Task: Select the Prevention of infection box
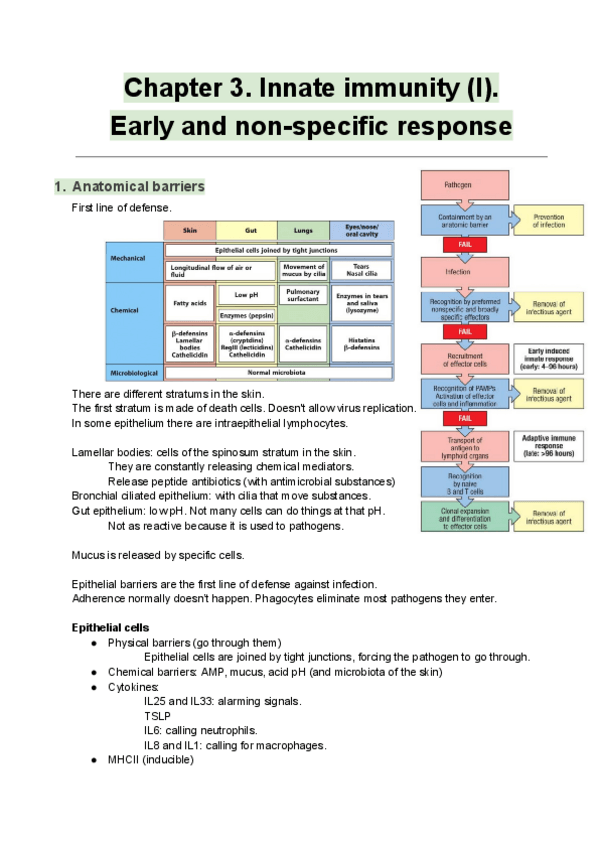[x=548, y=220]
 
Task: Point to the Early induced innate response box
[x=548, y=357]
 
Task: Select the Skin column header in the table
[x=189, y=230]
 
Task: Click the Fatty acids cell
[x=189, y=301]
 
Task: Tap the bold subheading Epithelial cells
[x=110, y=627]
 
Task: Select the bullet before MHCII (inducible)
[x=93, y=760]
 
